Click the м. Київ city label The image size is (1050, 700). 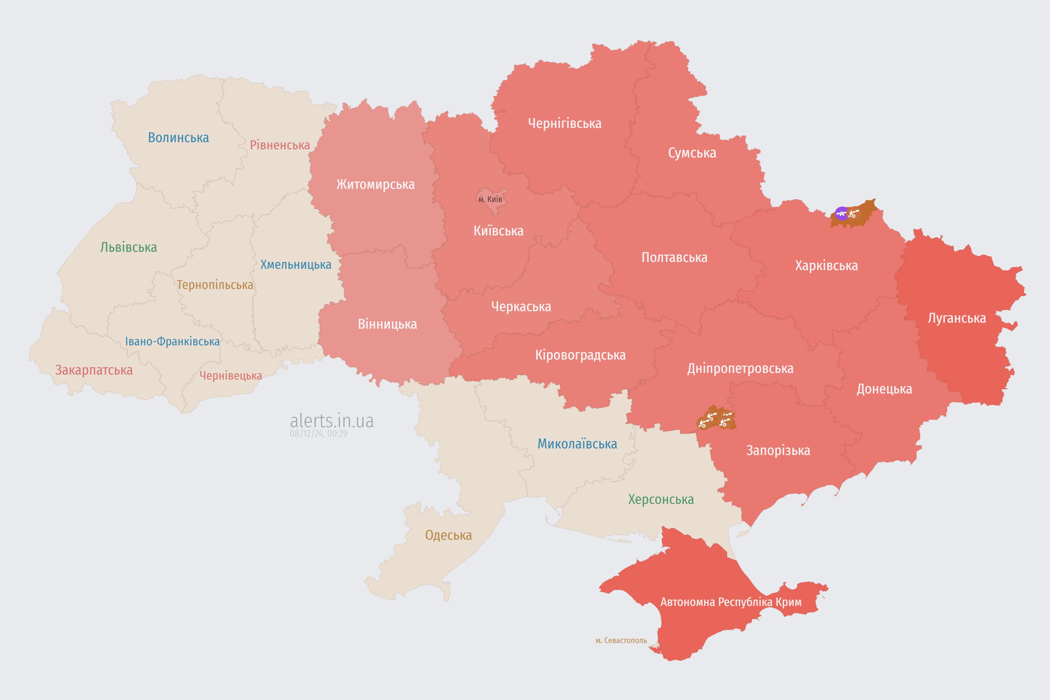click(x=490, y=199)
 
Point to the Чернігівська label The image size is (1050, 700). click(x=564, y=123)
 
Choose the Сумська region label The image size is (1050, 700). click(x=692, y=153)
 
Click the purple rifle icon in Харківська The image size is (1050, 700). click(x=842, y=213)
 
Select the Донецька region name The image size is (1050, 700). click(x=884, y=389)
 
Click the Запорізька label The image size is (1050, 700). click(x=778, y=450)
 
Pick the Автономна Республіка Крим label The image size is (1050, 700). click(x=731, y=602)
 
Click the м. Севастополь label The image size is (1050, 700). click(x=621, y=641)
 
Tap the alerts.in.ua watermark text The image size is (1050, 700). click(x=332, y=421)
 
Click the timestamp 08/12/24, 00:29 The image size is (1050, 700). click(x=318, y=433)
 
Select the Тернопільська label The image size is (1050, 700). click(x=215, y=285)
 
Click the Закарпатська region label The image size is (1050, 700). click(x=94, y=370)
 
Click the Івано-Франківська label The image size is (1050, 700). click(x=172, y=342)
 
